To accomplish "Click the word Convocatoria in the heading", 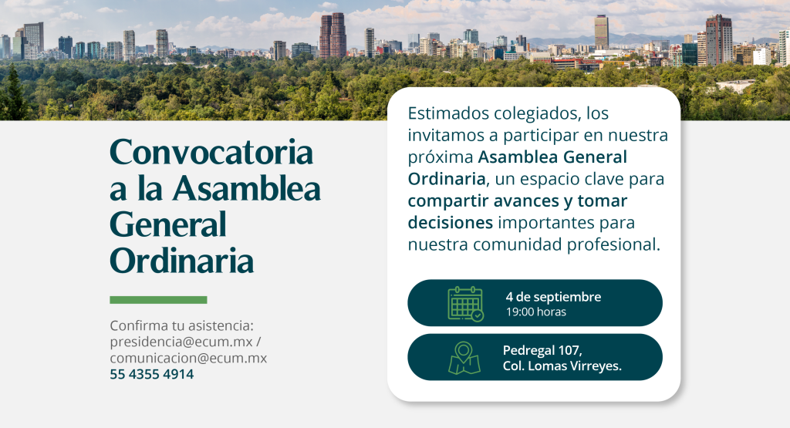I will point(211,152).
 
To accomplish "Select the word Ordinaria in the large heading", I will point(182,261).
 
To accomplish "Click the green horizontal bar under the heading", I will point(158,300).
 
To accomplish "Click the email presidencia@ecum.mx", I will point(182,342).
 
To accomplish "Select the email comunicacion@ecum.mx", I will point(188,358).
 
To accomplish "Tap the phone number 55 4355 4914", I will point(151,375).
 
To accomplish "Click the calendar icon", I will point(465,304).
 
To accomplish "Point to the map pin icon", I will point(464,358).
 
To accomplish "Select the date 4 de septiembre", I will point(553,297).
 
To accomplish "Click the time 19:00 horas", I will point(535,312).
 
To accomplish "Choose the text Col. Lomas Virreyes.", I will point(562,366).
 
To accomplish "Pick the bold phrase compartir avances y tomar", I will point(517,201).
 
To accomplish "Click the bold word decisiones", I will point(450,224).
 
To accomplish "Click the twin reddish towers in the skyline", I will point(333,35).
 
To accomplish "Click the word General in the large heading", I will point(168,224).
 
